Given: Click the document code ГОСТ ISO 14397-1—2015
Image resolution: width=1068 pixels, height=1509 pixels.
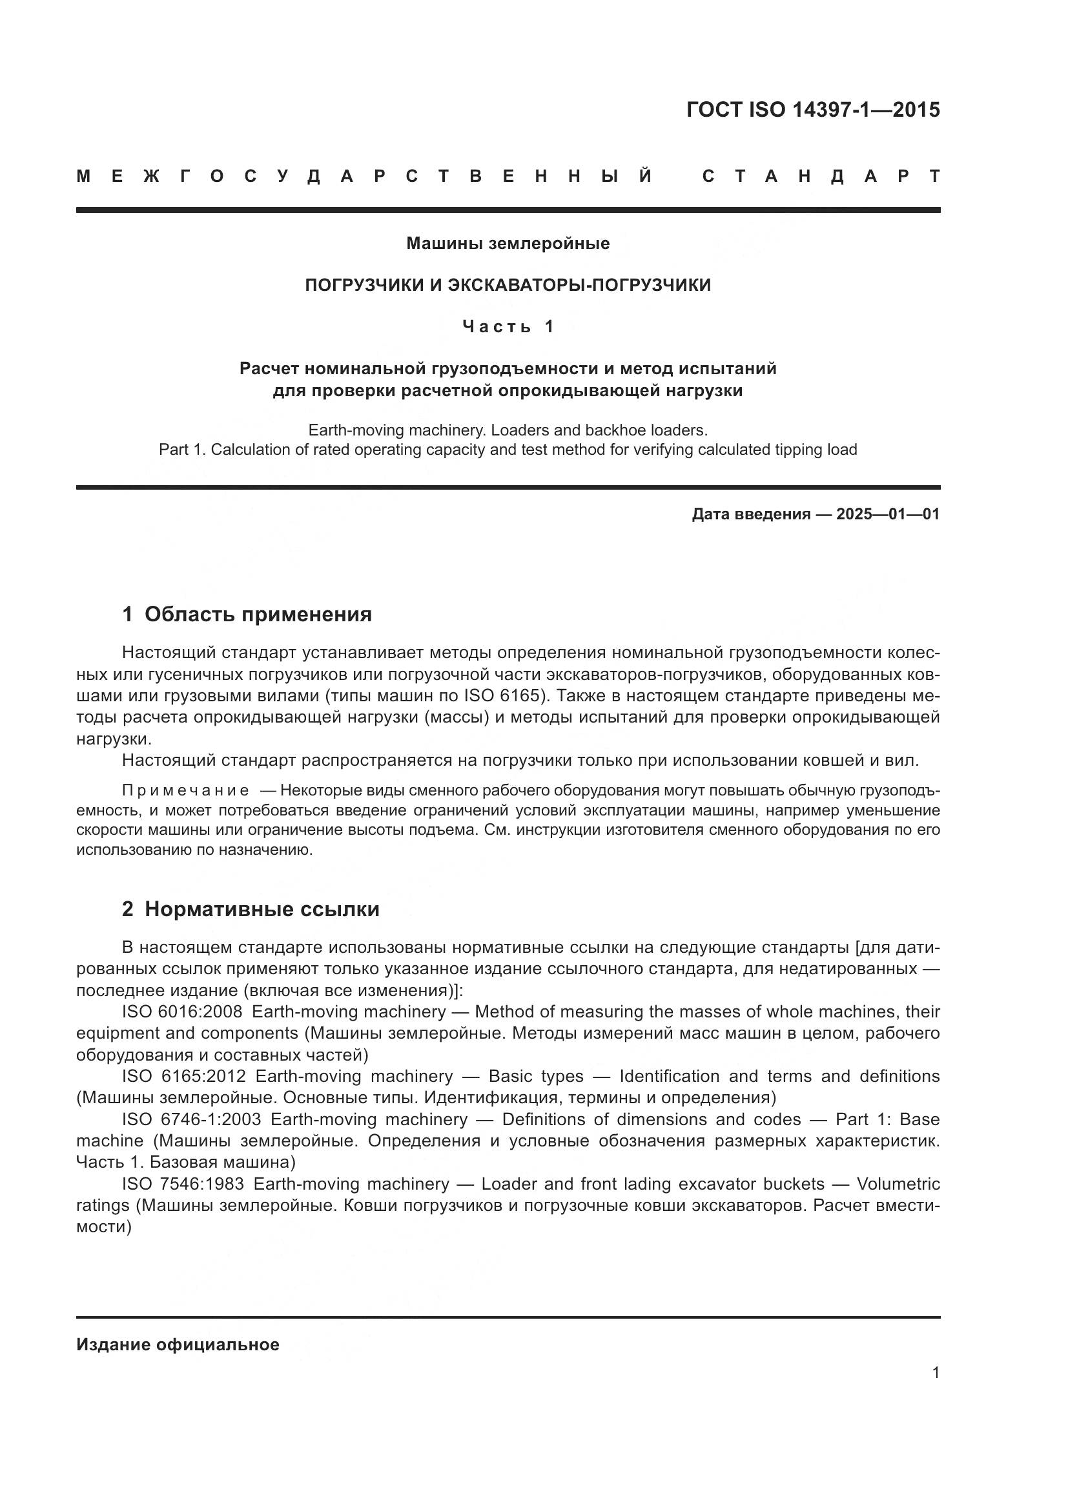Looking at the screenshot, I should pos(813,110).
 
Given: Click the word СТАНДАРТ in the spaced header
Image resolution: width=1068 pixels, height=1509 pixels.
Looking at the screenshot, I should pos(821,176).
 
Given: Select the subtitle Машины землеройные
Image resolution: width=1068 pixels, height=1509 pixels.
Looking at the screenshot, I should pos(508,243).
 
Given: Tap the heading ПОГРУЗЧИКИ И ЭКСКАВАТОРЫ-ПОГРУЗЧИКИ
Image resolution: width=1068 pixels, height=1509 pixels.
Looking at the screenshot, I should pos(508,285).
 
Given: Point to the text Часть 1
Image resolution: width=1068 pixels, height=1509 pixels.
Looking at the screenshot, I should pos(508,326).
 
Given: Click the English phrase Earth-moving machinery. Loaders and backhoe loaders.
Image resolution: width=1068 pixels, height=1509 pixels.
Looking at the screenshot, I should pos(508,430).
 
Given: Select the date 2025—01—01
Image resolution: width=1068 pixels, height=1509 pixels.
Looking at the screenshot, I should pos(888,514).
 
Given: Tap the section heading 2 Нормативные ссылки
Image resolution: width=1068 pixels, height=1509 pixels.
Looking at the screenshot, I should pos(251,909).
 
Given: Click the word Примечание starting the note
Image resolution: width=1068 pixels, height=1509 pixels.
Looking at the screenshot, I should pos(185,790).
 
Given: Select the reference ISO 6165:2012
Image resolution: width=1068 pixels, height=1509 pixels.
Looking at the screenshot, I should pos(183,1076).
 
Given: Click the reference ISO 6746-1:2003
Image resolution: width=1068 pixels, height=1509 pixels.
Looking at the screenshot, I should pos(191,1119).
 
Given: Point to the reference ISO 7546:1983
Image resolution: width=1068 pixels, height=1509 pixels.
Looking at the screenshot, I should pos(183,1184).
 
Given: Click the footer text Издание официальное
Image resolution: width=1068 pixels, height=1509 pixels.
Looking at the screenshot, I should pos(178,1344).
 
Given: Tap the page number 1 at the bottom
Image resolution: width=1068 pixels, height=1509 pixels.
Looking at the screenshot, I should pos(935,1372).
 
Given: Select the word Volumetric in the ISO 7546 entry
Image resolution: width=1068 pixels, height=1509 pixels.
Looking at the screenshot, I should pos(898,1184).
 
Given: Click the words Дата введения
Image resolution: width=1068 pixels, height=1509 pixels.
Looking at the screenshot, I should pos(750,514).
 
